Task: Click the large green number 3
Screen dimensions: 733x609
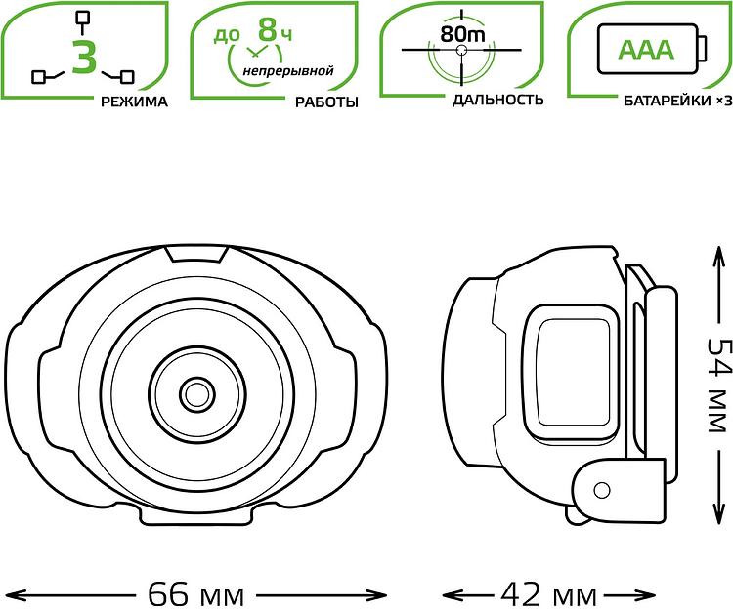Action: click(85, 57)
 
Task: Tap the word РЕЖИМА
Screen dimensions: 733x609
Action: click(134, 101)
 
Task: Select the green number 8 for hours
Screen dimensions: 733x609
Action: click(268, 30)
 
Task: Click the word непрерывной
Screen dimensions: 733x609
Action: click(288, 71)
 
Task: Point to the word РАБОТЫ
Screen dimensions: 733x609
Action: click(326, 102)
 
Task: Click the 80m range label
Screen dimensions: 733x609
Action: click(462, 34)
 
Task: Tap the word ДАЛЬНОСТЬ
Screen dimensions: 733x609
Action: click(497, 100)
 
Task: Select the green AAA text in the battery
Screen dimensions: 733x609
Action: click(647, 50)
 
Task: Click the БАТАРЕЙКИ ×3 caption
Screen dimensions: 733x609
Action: click(678, 101)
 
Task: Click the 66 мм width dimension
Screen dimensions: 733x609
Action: click(196, 594)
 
